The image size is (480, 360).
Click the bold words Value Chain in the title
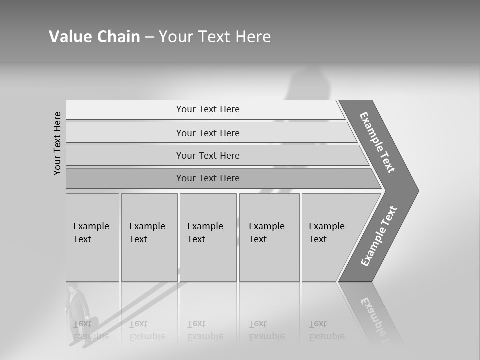pyautogui.click(x=94, y=37)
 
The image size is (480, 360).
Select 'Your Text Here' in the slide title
pyautogui.click(x=215, y=37)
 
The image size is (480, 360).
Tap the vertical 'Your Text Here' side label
pyautogui.click(x=57, y=143)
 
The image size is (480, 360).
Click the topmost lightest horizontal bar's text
pyautogui.click(x=208, y=109)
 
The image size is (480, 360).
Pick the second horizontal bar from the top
pyautogui.click(x=208, y=133)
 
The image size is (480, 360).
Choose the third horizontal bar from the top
pyautogui.click(x=208, y=155)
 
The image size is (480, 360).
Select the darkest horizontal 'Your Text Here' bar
pyautogui.click(x=208, y=178)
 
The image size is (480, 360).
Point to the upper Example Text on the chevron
pyautogui.click(x=377, y=142)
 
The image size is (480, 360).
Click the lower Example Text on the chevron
pyautogui.click(x=379, y=236)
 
